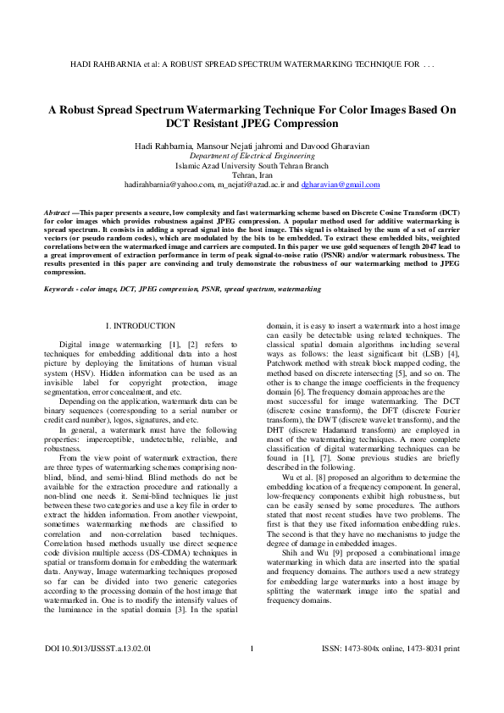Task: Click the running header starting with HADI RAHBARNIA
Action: click(252, 64)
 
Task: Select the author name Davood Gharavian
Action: click(339, 146)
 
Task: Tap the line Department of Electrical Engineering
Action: click(252, 157)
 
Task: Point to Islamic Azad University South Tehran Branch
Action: click(252, 166)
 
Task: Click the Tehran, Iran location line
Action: click(252, 175)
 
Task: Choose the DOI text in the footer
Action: click(97, 672)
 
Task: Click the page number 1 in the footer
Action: click(252, 672)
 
